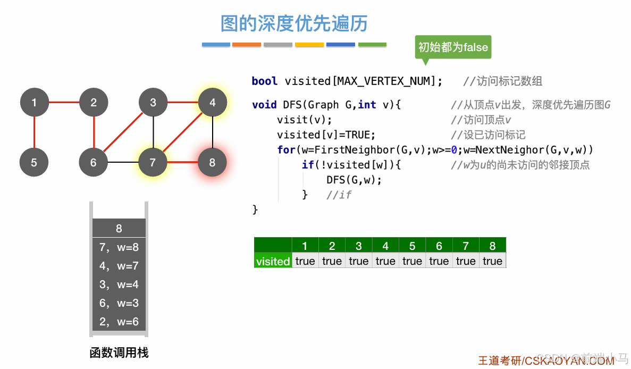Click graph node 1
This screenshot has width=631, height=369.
[x=34, y=103]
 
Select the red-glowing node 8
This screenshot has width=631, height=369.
[x=212, y=162]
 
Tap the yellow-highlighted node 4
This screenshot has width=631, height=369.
[x=212, y=103]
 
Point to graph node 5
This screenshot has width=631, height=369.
[x=34, y=162]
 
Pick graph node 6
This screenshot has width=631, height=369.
[x=94, y=162]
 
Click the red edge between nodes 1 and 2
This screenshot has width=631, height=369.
[x=64, y=103]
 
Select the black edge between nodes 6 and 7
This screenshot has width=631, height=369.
[x=123, y=162]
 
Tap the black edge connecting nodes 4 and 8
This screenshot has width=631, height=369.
[x=212, y=132]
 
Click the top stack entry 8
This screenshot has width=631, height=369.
[x=119, y=228]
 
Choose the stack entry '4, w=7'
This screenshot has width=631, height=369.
[x=119, y=266]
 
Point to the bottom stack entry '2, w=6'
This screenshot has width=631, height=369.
[x=119, y=322]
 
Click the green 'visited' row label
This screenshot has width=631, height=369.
[x=273, y=261]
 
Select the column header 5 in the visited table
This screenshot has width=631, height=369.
[x=412, y=246]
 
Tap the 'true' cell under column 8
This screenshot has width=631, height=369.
[x=492, y=261]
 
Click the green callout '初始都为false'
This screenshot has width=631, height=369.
[x=453, y=47]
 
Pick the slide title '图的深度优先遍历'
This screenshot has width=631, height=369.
[x=294, y=23]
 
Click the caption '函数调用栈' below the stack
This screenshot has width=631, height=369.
[x=119, y=353]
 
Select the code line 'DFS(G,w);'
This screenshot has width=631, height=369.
[x=354, y=180]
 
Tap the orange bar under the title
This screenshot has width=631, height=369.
[x=247, y=45]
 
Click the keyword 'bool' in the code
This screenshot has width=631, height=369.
[x=264, y=81]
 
